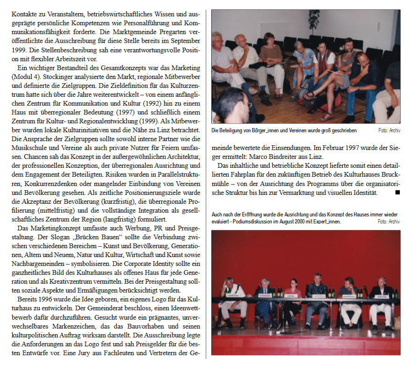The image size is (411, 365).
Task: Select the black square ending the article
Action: pos(397,192)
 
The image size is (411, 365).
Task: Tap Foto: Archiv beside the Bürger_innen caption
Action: pos(389,130)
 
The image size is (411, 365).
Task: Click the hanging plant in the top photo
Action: pos(315,19)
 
